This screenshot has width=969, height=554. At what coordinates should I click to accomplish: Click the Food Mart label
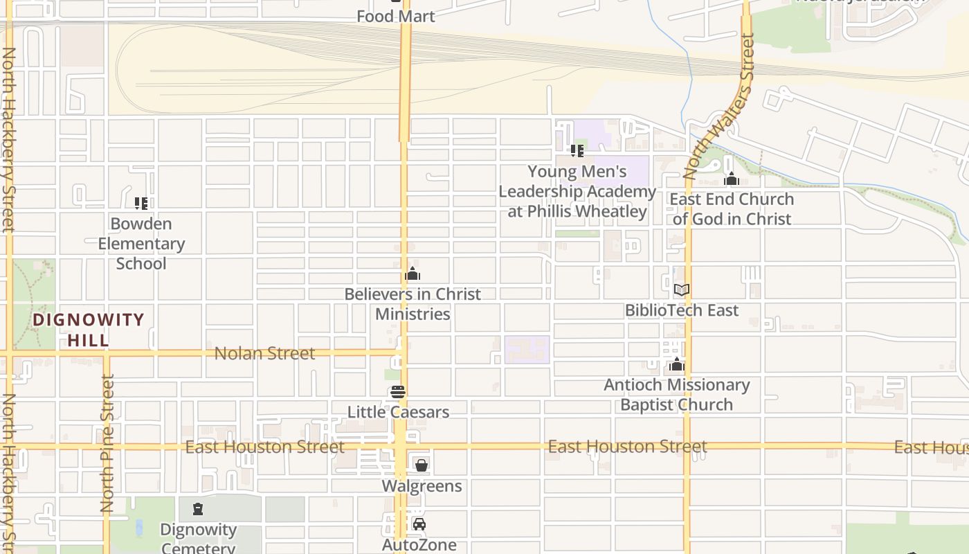tap(395, 16)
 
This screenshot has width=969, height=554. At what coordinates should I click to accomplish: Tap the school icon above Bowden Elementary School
tap(141, 204)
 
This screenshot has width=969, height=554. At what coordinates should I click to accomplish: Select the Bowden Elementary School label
tap(141, 244)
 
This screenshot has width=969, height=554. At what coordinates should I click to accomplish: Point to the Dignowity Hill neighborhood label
tap(89, 330)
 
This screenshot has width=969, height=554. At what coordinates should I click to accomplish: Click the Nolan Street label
tap(264, 353)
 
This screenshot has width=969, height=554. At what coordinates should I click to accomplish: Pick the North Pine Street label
tap(107, 443)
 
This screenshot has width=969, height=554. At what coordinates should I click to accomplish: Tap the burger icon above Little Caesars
tap(397, 392)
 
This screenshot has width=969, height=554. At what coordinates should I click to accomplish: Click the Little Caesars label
tap(398, 412)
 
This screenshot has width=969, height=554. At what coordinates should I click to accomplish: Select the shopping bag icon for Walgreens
tap(421, 465)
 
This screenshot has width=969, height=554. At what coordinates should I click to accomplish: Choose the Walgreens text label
tap(422, 486)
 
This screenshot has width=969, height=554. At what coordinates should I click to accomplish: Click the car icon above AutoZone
tap(419, 524)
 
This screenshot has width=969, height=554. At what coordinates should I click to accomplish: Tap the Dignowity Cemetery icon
tap(199, 510)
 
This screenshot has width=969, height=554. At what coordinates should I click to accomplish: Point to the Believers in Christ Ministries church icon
tap(413, 274)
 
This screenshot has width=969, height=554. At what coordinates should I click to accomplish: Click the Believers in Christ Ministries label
tap(413, 304)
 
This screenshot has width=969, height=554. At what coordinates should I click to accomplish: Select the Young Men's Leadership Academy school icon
tap(577, 150)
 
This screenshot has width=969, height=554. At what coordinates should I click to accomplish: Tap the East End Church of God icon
tap(732, 179)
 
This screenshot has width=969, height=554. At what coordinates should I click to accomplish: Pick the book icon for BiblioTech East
tap(682, 289)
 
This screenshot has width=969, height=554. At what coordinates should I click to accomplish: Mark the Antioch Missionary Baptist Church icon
tap(676, 365)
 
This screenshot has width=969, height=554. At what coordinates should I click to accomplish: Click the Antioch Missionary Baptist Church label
tap(676, 395)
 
